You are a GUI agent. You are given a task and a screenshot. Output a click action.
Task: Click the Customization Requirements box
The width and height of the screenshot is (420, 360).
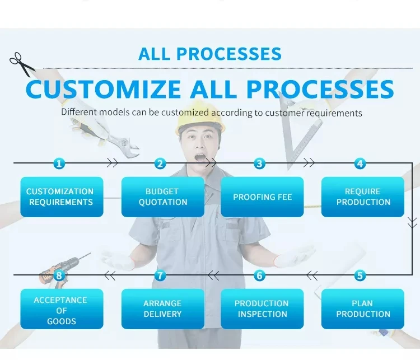(x=62, y=197)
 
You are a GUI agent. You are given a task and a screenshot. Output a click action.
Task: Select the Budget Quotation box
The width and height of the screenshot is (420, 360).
(x=162, y=197)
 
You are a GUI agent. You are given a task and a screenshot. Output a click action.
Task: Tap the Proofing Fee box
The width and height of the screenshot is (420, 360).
(x=262, y=197)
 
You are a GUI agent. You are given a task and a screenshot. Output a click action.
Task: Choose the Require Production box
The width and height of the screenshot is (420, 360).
(x=363, y=197)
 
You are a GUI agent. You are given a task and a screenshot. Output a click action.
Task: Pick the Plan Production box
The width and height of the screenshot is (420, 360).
(x=363, y=308)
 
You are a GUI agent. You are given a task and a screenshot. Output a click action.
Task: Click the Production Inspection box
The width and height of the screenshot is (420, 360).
(x=262, y=308)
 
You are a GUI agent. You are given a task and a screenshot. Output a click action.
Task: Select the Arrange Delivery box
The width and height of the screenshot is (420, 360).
(x=162, y=308)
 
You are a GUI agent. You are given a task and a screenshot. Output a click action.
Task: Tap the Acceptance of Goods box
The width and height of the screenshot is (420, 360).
(x=62, y=310)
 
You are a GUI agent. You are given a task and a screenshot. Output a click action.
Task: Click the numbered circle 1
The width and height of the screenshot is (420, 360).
(x=59, y=163)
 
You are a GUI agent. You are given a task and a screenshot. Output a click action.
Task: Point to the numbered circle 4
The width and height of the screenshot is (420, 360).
(x=360, y=163)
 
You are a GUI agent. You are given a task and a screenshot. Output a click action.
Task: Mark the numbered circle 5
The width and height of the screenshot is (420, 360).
(x=360, y=275)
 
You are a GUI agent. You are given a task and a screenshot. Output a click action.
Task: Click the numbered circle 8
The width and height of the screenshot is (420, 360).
(x=59, y=275)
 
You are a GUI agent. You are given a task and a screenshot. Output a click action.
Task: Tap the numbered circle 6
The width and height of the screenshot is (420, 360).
(x=259, y=275)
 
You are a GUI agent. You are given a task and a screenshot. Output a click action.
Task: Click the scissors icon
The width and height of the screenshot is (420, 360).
(x=21, y=63)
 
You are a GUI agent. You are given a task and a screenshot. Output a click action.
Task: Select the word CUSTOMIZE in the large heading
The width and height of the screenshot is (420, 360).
(x=104, y=90)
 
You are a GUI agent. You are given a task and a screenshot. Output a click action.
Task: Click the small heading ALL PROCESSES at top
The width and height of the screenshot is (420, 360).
(x=209, y=54)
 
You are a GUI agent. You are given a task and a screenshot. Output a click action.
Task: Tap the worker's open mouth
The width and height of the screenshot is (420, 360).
(x=200, y=157)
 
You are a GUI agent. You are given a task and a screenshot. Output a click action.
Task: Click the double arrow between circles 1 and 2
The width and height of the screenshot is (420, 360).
(x=112, y=163)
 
